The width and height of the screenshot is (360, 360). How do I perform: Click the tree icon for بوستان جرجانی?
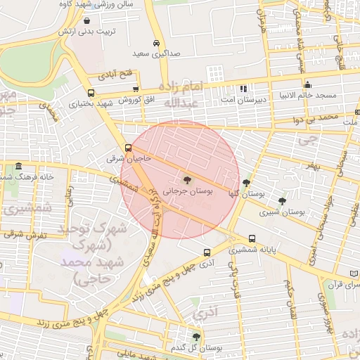[x=186, y=181]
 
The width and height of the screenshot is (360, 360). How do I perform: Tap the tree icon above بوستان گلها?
[x=245, y=183]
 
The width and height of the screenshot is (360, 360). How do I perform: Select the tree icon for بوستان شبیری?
[x=282, y=201]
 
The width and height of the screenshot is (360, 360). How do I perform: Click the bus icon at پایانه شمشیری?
[x=252, y=239]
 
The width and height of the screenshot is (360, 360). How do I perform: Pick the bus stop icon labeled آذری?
[x=206, y=252]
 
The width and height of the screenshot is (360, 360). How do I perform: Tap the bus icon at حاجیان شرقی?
[x=127, y=148]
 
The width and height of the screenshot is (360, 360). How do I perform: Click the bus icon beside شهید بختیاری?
[x=91, y=92]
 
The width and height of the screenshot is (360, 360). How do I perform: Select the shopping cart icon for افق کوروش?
[x=136, y=89]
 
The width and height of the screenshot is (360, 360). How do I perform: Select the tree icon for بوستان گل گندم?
[x=196, y=337]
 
